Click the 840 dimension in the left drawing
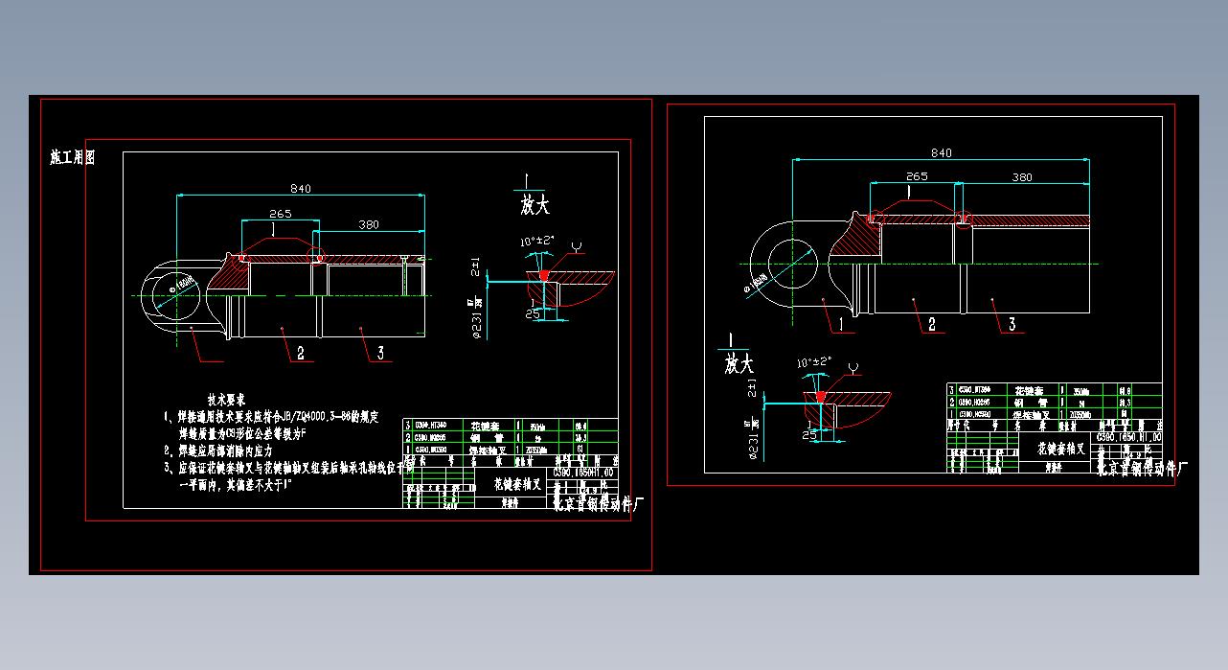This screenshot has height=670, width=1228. point(301,189)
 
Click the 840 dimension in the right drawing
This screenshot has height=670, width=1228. point(941,153)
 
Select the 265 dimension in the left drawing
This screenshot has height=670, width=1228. point(281,214)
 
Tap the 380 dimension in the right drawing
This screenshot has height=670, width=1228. point(1022,177)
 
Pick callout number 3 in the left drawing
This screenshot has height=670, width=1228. point(380,354)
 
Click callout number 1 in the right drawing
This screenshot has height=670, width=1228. point(843,324)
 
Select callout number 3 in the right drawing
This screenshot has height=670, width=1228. point(1012,325)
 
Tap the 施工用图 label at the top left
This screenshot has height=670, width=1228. point(73,158)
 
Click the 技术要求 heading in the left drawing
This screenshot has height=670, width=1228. point(227,399)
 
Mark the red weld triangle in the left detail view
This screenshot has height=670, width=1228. point(544,275)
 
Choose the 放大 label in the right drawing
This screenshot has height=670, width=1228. point(739,364)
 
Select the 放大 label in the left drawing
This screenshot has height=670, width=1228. point(535,205)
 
